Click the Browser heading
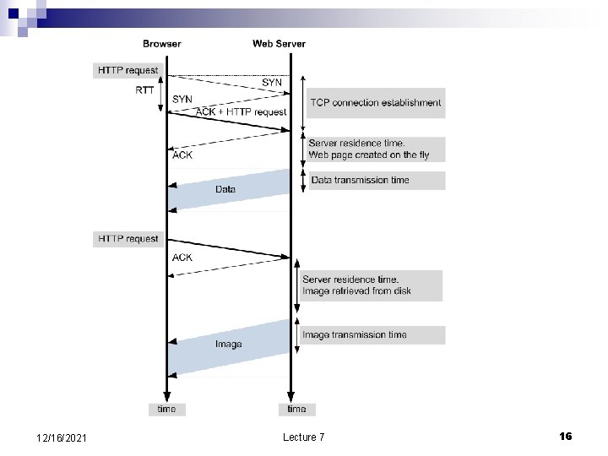pyautogui.click(x=162, y=44)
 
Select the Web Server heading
pyautogui.click(x=279, y=44)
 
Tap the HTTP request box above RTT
pyautogui.click(x=128, y=71)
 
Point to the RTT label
pyautogui.click(x=144, y=90)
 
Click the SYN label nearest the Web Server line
pyautogui.click(x=272, y=83)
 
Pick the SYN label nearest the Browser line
pyautogui.click(x=182, y=99)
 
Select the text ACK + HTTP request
pyautogui.click(x=241, y=112)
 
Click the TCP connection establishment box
pyautogui.click(x=375, y=103)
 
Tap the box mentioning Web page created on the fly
pyautogui.click(x=374, y=149)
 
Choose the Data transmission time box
pyautogui.click(x=375, y=180)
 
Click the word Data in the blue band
pyautogui.click(x=225, y=189)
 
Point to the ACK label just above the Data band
pyautogui.click(x=182, y=155)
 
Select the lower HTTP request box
pyautogui.click(x=128, y=239)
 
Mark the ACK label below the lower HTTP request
pyautogui.click(x=182, y=258)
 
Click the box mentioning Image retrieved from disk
pyautogui.click(x=370, y=285)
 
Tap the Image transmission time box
pyautogui.click(x=372, y=335)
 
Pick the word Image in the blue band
pyautogui.click(x=228, y=344)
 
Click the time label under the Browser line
pyautogui.click(x=167, y=410)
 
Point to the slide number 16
pyautogui.click(x=565, y=436)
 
